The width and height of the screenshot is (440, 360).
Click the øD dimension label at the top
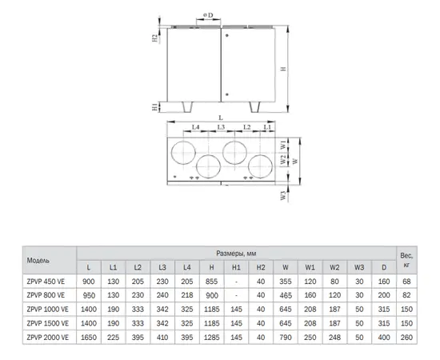208,15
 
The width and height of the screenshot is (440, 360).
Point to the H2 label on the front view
155,38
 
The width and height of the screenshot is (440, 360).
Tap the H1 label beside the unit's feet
155,107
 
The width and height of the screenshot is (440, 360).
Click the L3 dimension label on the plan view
221,127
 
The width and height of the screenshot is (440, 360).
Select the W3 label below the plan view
283,195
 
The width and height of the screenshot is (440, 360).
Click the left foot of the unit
187,107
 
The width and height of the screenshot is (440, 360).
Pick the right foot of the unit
254,107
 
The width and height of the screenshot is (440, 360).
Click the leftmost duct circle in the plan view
183,153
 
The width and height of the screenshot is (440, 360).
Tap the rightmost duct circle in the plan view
261,166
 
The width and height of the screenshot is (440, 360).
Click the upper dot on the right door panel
227,35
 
